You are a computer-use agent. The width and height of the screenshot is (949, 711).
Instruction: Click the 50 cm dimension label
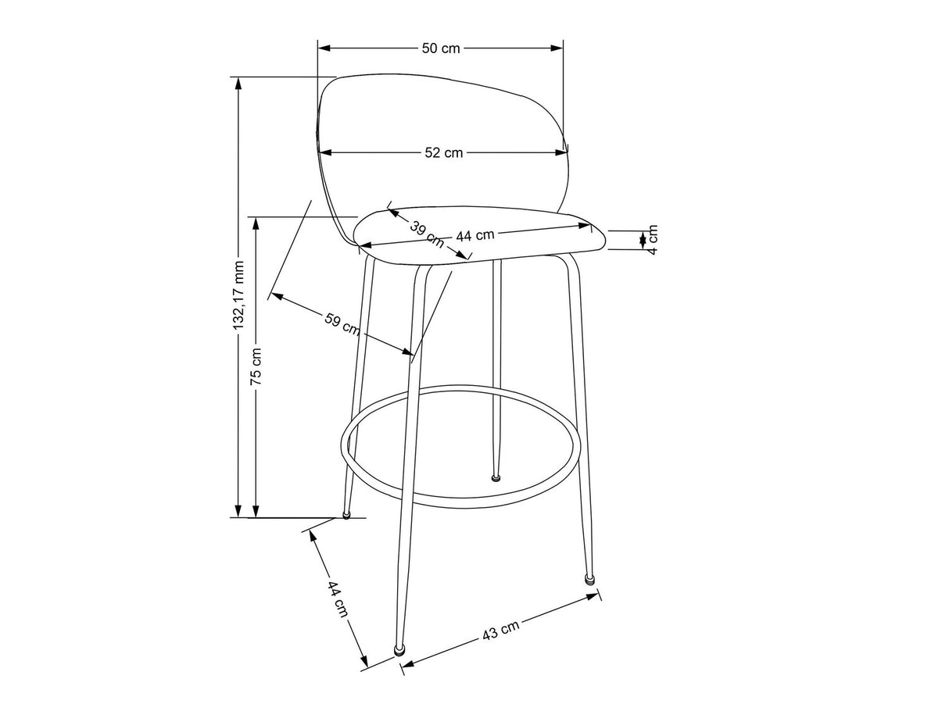click(441, 48)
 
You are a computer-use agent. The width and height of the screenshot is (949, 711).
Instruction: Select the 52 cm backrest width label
click(443, 152)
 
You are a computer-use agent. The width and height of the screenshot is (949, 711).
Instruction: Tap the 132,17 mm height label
click(239, 295)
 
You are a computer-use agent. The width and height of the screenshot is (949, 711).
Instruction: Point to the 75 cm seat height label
click(256, 366)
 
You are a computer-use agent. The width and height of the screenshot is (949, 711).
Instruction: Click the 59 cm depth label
click(342, 324)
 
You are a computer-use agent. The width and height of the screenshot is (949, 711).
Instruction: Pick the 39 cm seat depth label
click(427, 234)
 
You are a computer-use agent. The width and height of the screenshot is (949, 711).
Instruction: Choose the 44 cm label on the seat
click(475, 235)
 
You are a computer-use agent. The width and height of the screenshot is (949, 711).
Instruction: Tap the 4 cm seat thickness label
click(653, 239)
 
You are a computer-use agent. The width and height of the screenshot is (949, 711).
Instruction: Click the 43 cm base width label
click(500, 631)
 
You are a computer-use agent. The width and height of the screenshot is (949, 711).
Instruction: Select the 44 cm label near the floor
click(338, 599)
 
